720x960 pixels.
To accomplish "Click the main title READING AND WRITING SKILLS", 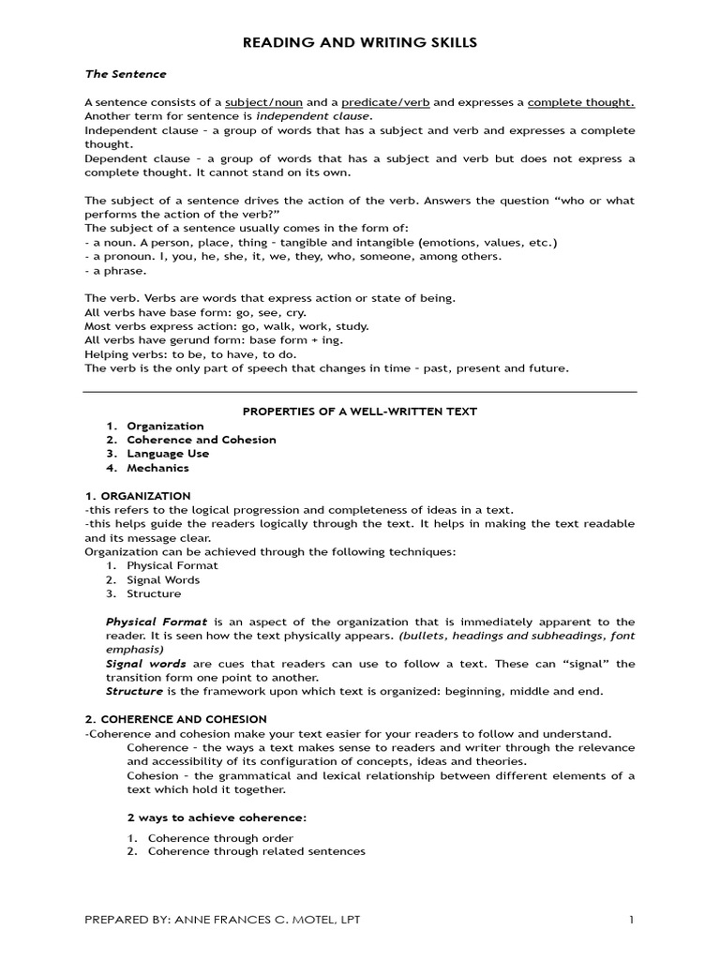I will click(x=360, y=42).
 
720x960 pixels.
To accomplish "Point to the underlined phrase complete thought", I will click(x=580, y=102).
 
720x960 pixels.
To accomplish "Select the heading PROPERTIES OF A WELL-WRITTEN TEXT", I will click(x=360, y=412).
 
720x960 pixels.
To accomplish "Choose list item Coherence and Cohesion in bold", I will click(x=202, y=440).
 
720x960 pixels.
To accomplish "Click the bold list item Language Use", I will click(x=168, y=454).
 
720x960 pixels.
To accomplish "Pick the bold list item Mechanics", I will click(x=157, y=468).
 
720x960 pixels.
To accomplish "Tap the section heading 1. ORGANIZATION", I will click(x=138, y=496).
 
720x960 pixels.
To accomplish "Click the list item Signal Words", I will click(x=163, y=580).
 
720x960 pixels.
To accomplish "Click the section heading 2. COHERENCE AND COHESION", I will click(x=176, y=719).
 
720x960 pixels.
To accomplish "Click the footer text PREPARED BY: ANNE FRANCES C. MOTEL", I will click(x=222, y=920).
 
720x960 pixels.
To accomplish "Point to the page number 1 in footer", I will click(x=632, y=920).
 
